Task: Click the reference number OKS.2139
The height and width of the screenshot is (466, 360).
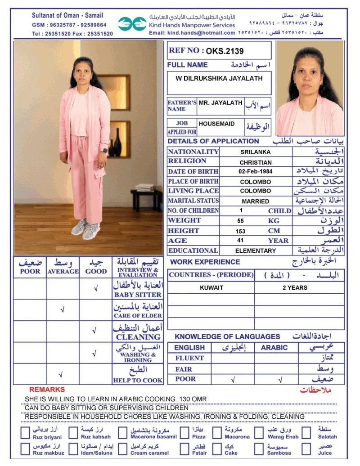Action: tap(225, 51)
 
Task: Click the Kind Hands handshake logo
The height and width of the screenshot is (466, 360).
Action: tap(133, 24)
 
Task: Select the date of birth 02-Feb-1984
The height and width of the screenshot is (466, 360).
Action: tap(256, 171)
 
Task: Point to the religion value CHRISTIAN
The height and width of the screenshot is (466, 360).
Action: tap(256, 162)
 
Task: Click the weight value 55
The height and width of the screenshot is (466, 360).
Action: tap(240, 221)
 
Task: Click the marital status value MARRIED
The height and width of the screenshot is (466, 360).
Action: tap(256, 201)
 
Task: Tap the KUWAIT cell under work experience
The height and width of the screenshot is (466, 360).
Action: tap(211, 287)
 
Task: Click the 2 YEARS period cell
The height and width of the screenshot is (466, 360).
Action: tap(295, 287)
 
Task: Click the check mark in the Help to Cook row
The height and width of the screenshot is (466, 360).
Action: tap(63, 374)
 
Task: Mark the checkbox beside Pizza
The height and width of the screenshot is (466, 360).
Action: tap(185, 433)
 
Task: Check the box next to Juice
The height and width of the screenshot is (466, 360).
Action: tap(306, 449)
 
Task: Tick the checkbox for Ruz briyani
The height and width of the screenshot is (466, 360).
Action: tap(26, 433)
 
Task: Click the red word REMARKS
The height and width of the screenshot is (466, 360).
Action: tap(47, 390)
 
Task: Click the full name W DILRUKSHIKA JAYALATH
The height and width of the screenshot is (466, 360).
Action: tap(219, 78)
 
